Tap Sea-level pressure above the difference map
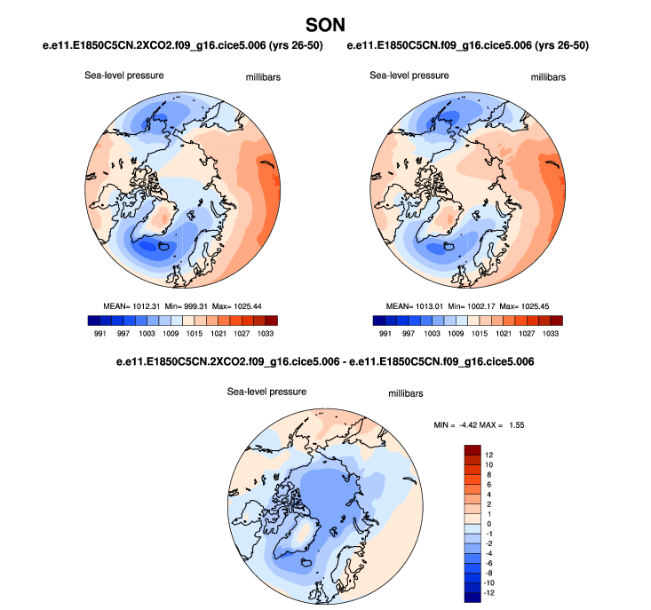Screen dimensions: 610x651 coord(266,391)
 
